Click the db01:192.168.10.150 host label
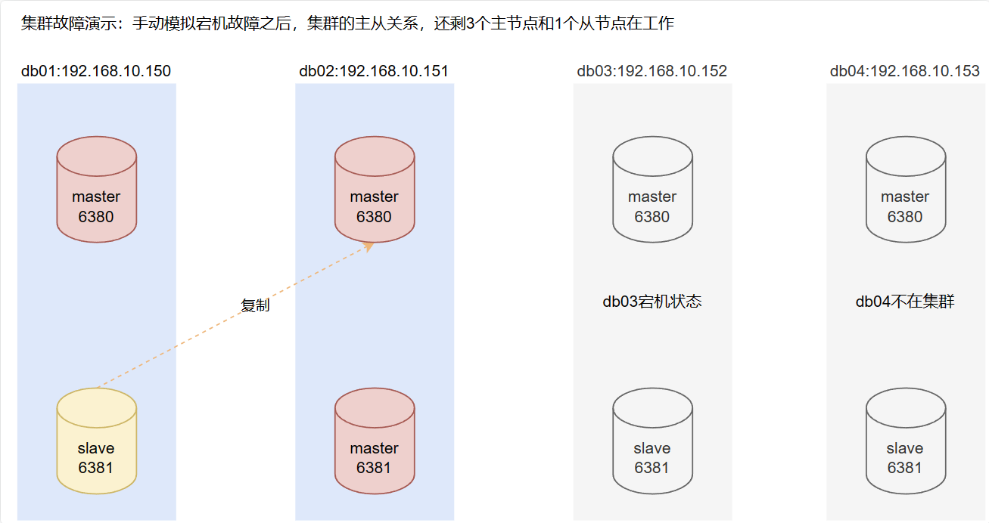(x=96, y=71)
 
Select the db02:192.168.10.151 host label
(x=374, y=71)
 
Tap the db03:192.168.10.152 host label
(x=652, y=71)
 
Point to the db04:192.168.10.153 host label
(x=905, y=71)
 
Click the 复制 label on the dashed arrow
(x=255, y=306)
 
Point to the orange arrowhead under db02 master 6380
(x=369, y=246)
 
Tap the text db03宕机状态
(x=652, y=302)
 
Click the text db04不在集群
(x=905, y=302)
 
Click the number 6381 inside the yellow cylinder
(x=96, y=468)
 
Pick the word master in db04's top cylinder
(x=905, y=197)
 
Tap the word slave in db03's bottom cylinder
(x=652, y=448)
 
